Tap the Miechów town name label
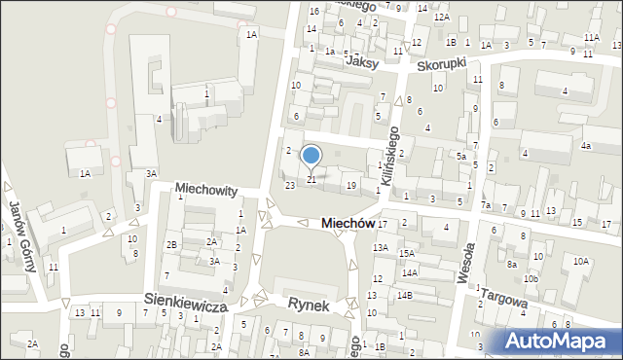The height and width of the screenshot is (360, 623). click(348, 223)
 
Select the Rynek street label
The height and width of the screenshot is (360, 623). click(308, 305)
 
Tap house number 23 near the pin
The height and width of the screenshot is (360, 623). click(289, 185)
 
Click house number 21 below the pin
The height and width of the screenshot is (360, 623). click(311, 180)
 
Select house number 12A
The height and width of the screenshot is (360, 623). click(441, 18)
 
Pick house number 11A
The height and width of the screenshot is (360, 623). click(592, 37)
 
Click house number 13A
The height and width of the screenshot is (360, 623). click(380, 248)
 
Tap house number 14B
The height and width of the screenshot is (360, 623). click(403, 295)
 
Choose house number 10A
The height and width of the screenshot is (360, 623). click(581, 261)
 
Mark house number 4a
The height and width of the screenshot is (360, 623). click(586, 146)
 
